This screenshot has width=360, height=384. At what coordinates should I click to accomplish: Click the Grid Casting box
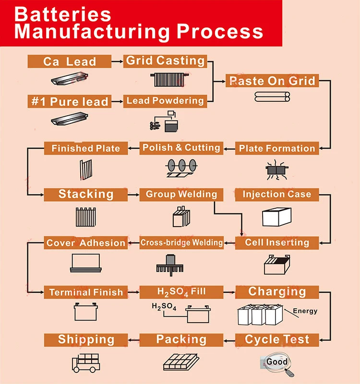(165, 61)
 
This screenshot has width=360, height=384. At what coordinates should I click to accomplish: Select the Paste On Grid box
(272, 80)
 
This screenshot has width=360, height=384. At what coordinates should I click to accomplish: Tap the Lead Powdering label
(165, 101)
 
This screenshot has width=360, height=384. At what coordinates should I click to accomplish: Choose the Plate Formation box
(277, 148)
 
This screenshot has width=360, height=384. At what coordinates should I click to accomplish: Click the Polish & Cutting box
(181, 148)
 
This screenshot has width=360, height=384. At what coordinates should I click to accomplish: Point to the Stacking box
(86, 194)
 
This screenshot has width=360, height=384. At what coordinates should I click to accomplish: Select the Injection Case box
(276, 194)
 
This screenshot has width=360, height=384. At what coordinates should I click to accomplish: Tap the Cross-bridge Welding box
(181, 243)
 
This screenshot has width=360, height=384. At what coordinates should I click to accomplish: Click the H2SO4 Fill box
(181, 291)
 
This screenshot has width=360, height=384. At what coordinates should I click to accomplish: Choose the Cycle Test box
(277, 340)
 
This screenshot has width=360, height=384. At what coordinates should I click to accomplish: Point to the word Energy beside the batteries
(305, 311)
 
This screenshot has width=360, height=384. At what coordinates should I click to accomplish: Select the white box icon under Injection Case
(277, 216)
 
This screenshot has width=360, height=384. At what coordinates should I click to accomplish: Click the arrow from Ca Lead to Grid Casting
(117, 61)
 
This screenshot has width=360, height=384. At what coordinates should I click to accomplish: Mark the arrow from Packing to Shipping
(134, 340)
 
